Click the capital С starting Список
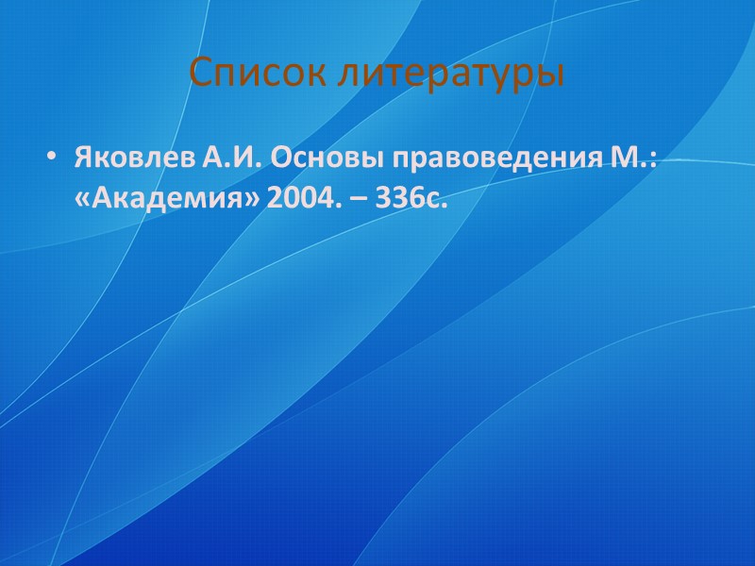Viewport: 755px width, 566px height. tap(199, 73)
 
